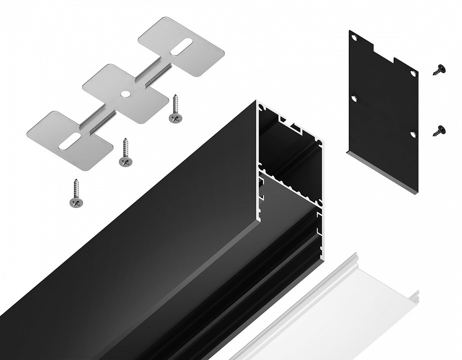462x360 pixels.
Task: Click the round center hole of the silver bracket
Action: (x=124, y=93)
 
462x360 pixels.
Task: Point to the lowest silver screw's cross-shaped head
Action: (x=76, y=201)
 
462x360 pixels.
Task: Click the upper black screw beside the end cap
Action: (x=439, y=70)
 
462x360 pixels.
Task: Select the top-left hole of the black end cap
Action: (x=354, y=38)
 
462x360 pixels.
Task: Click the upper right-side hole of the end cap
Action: (x=413, y=73)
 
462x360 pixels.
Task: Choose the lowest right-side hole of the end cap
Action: (x=413, y=133)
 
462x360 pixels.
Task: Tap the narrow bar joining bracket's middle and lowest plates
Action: (x=98, y=122)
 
